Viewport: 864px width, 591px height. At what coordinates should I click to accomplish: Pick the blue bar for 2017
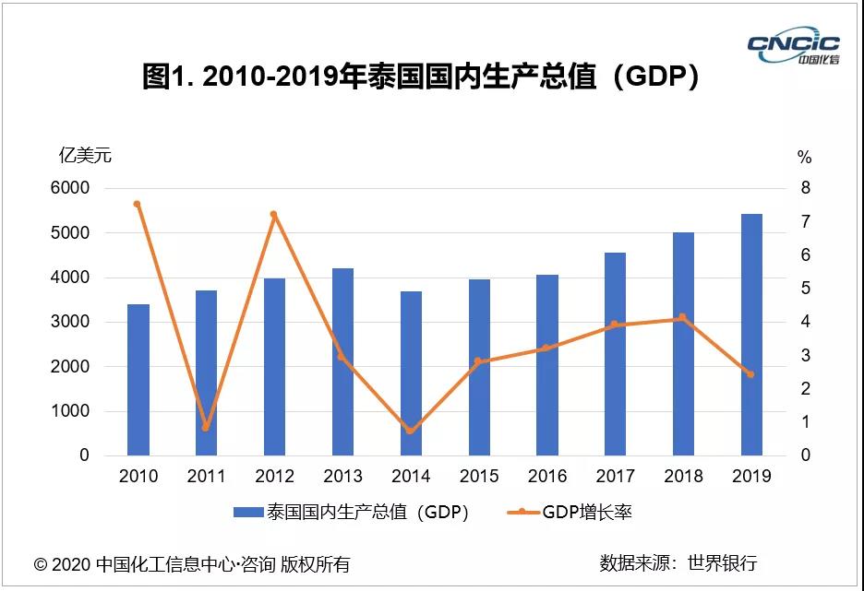pos(615,354)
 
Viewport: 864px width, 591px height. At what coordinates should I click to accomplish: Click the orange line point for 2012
pos(274,214)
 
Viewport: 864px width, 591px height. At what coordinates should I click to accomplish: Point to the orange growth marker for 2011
pos(206,428)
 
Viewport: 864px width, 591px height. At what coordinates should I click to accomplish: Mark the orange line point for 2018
pos(682,317)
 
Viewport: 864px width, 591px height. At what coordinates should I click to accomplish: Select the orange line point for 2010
pos(137,204)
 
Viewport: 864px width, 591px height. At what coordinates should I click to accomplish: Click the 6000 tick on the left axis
pos(70,188)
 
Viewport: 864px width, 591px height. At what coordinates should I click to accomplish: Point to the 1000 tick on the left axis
pos(70,411)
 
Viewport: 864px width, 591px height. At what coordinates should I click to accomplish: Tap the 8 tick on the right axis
pos(805,188)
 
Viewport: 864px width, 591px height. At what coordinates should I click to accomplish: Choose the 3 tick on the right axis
pos(805,355)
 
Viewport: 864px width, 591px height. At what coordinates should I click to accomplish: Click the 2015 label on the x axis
pos(479,477)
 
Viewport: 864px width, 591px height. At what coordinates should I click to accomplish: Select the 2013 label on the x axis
pos(342,477)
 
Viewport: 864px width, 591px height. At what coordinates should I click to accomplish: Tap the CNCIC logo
pos(793,45)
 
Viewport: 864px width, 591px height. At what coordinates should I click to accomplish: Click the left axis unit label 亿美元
pos(85,155)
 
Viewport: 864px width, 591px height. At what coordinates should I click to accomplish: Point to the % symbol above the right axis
pos(805,158)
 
